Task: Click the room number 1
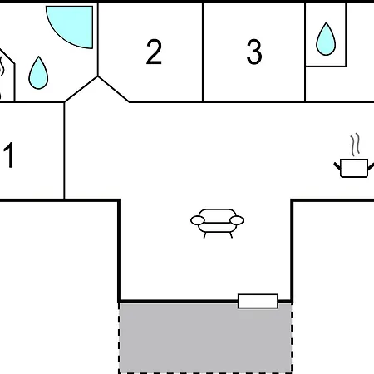[x=9, y=155]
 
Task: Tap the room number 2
[x=154, y=52]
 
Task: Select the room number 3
[x=254, y=52]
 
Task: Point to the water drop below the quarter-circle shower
[x=38, y=73]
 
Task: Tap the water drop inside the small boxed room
[x=326, y=39]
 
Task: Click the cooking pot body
[x=354, y=168]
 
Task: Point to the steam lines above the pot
[x=356, y=145]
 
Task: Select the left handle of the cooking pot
[x=337, y=166]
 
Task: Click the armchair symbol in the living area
[x=217, y=223]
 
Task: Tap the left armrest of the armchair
[x=198, y=220]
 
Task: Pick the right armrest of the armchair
[x=237, y=220]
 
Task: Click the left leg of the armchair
[x=205, y=235]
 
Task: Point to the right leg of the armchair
[x=230, y=235]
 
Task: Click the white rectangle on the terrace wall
[x=258, y=301]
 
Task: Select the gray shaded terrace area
[x=205, y=337]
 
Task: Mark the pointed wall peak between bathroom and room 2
[x=98, y=76]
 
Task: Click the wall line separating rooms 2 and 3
[x=203, y=52]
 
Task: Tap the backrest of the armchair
[x=218, y=215]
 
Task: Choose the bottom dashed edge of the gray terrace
[x=205, y=372]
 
